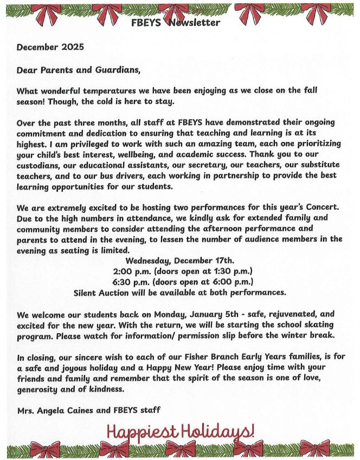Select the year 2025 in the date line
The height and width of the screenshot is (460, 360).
pyautogui.click(x=73, y=47)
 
